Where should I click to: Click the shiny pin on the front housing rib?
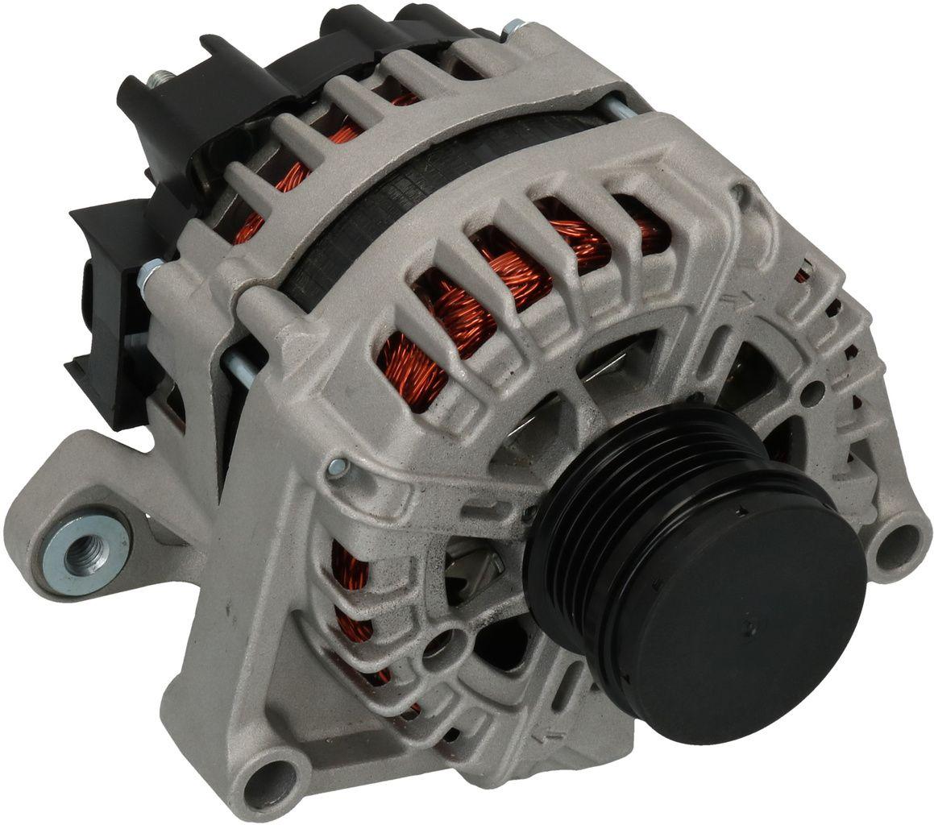click(x=338, y=466)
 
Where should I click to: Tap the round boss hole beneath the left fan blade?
click(x=440, y=644)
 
